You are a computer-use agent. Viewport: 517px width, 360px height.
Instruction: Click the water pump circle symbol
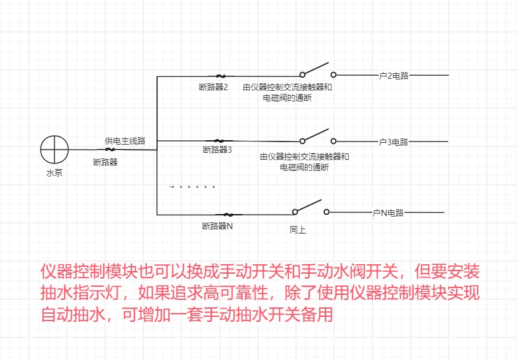[54, 149]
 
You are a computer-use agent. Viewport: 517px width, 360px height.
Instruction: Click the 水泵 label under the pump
[54, 173]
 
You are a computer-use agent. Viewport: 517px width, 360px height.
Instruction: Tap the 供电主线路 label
[125, 141]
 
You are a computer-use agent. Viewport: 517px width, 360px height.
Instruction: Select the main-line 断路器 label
[105, 162]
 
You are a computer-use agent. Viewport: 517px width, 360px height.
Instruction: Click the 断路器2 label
[213, 87]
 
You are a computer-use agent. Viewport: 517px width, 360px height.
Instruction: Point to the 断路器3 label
[217, 150]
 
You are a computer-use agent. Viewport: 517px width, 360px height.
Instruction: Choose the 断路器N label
[217, 226]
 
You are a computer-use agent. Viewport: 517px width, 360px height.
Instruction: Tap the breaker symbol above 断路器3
[219, 140]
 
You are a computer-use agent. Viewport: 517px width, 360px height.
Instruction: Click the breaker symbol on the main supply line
[110, 150]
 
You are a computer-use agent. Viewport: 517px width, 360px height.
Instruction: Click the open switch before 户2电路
[317, 69]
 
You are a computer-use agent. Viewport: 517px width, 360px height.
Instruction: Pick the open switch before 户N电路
[309, 207]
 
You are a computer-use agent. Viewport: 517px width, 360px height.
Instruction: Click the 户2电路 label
[394, 76]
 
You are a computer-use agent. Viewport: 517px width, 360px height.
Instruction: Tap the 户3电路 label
[394, 142]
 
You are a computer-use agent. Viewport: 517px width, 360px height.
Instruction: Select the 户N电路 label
[388, 213]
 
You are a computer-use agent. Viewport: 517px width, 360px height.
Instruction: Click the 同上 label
[298, 230]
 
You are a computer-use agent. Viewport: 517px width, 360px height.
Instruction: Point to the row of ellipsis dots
[193, 187]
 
